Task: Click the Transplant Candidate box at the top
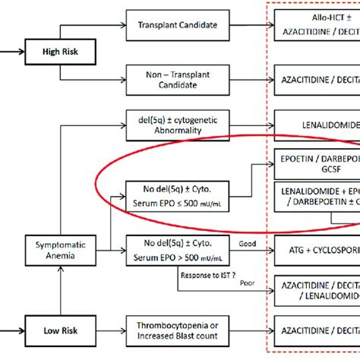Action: pyautogui.click(x=177, y=25)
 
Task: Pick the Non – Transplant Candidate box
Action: pyautogui.click(x=177, y=78)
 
